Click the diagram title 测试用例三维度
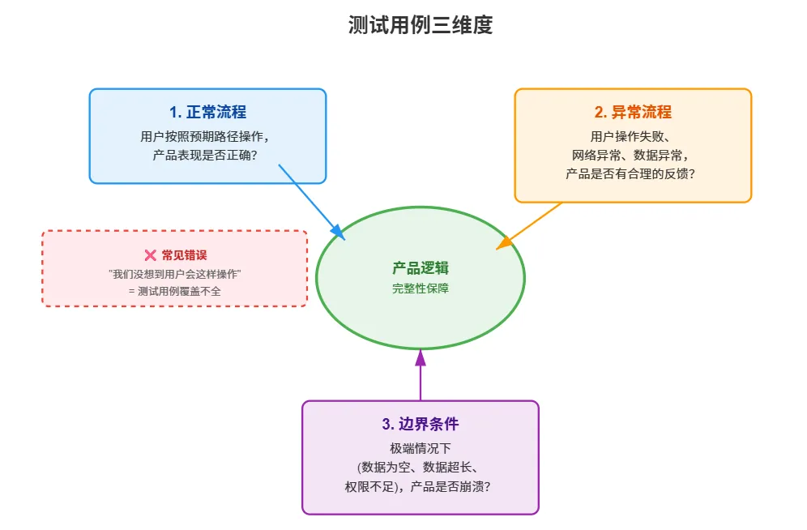(x=420, y=26)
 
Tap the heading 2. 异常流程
(x=633, y=113)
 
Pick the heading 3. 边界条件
(x=420, y=424)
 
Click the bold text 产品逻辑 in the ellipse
(x=420, y=268)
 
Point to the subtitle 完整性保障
(x=420, y=289)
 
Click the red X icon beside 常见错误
(x=150, y=255)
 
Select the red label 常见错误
(x=184, y=255)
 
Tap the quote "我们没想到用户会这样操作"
(x=175, y=274)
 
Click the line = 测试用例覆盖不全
(x=174, y=292)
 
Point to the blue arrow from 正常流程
(x=312, y=199)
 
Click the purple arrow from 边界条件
(x=420, y=374)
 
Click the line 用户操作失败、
(x=633, y=136)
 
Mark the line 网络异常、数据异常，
(x=633, y=155)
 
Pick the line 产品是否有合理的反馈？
(x=633, y=173)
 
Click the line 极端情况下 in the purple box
(x=420, y=448)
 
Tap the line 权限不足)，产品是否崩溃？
(x=420, y=487)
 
